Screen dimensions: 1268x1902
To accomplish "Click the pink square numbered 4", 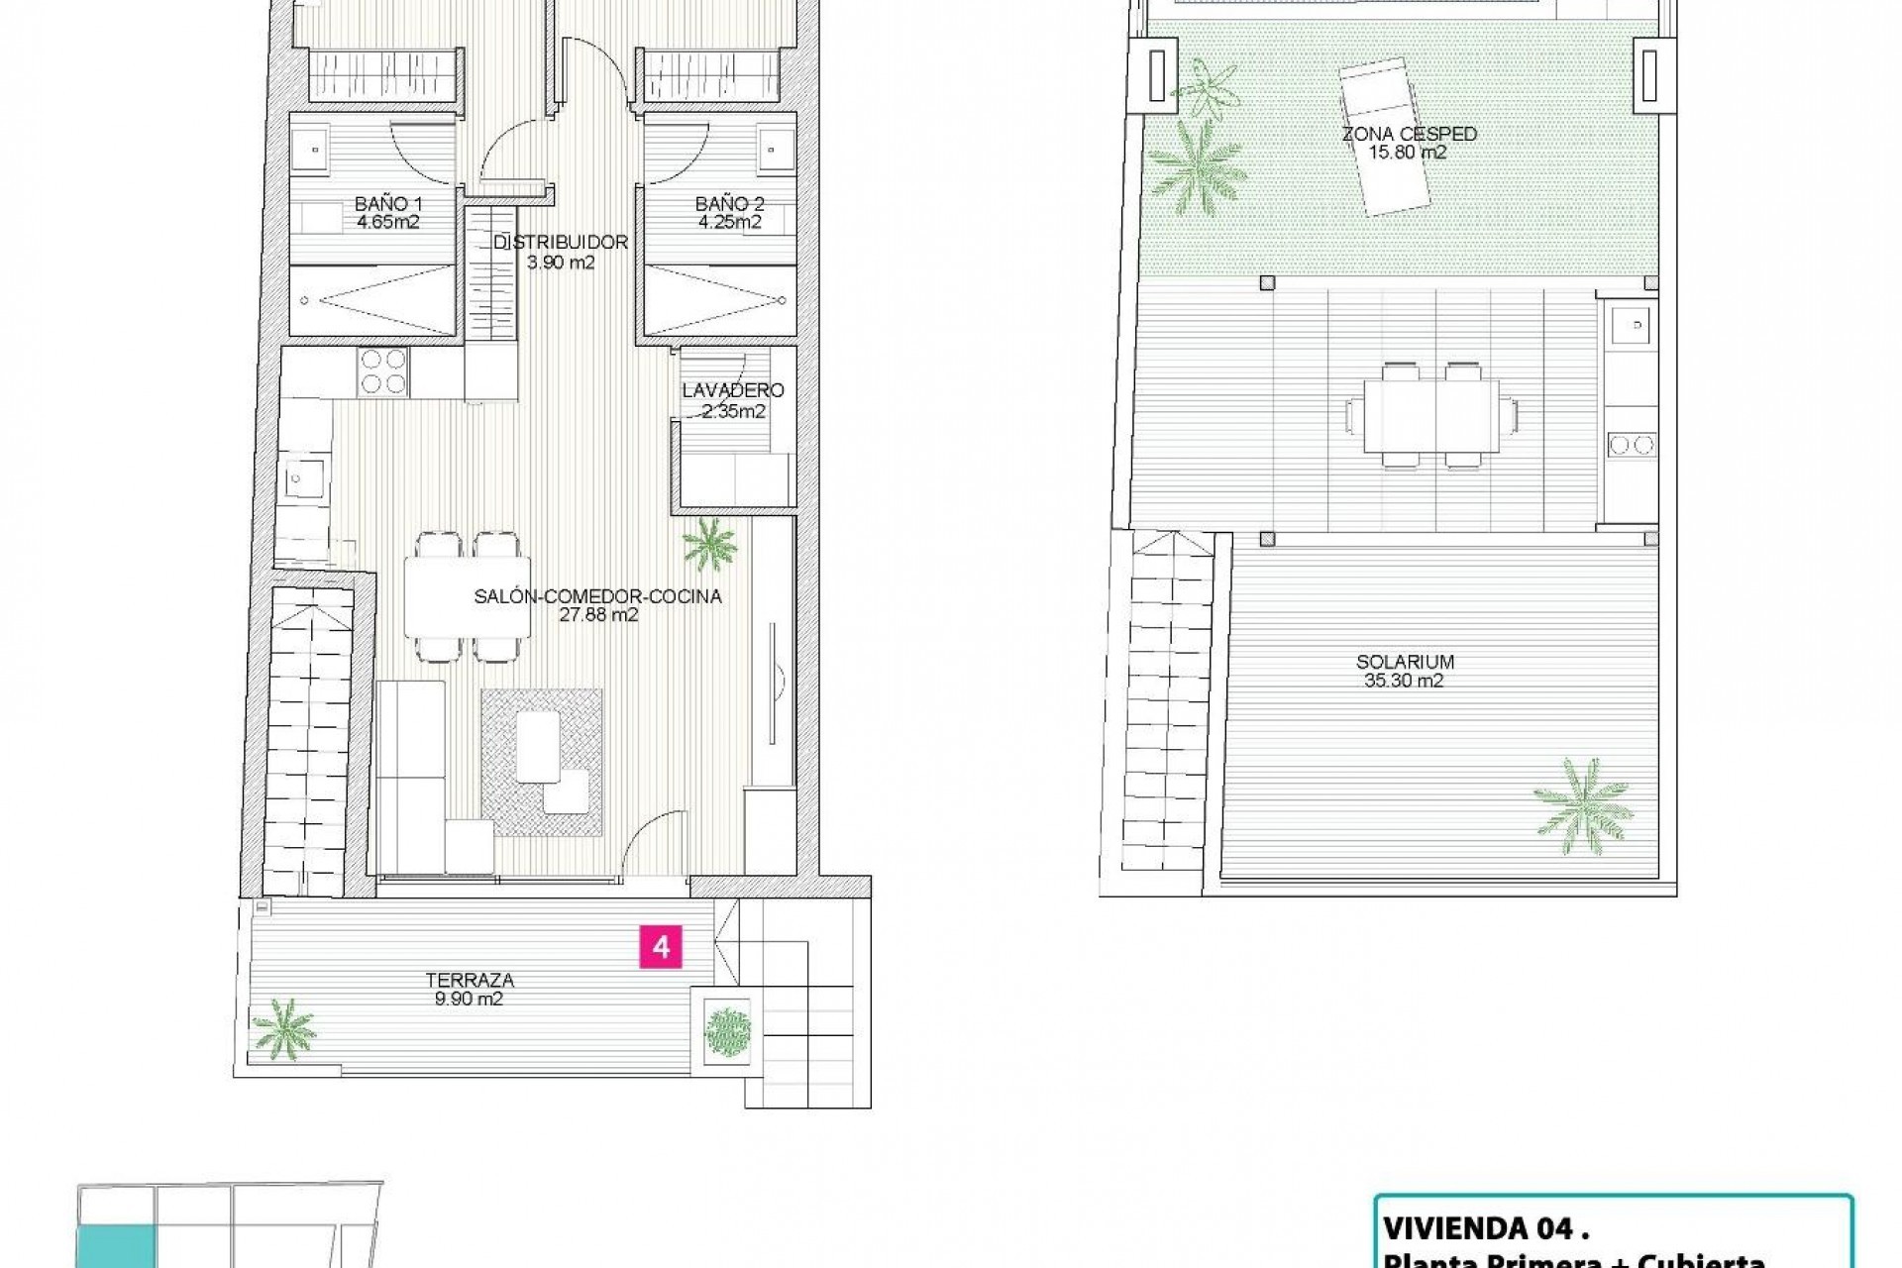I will coord(661,947).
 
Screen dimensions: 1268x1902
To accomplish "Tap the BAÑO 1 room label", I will coord(387,204).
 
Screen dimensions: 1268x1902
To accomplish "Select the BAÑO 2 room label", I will coord(729,204).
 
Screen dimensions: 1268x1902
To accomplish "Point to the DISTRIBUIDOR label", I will coord(561,242).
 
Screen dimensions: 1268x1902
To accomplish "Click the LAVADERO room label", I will coord(733,390).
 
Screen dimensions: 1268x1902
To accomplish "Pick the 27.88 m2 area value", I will coord(598,615).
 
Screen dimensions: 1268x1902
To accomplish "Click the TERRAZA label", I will coord(470,980).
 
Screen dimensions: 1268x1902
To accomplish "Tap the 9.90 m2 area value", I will coord(470,1000).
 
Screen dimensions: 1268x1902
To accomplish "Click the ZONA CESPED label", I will coord(1409,134).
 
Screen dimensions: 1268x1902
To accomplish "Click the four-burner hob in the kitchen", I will coord(383,371).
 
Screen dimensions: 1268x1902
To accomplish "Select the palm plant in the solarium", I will coord(1583,805).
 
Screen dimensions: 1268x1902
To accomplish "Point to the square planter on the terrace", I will coord(728,1031).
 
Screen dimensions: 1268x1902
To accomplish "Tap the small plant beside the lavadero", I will coord(709,544).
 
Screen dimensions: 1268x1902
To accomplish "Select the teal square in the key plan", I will coord(116,1247).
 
